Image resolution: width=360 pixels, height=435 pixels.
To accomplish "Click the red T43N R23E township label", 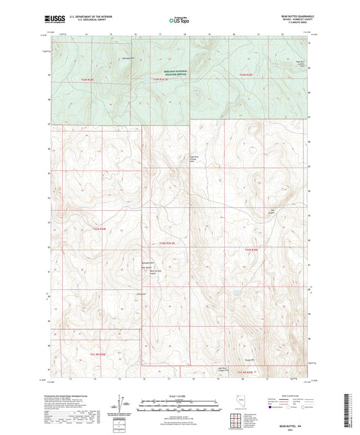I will [x=92, y=80].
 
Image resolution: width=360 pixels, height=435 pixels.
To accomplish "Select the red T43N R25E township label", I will [x=249, y=74].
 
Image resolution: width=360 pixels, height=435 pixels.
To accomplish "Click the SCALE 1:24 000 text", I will [x=179, y=396].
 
